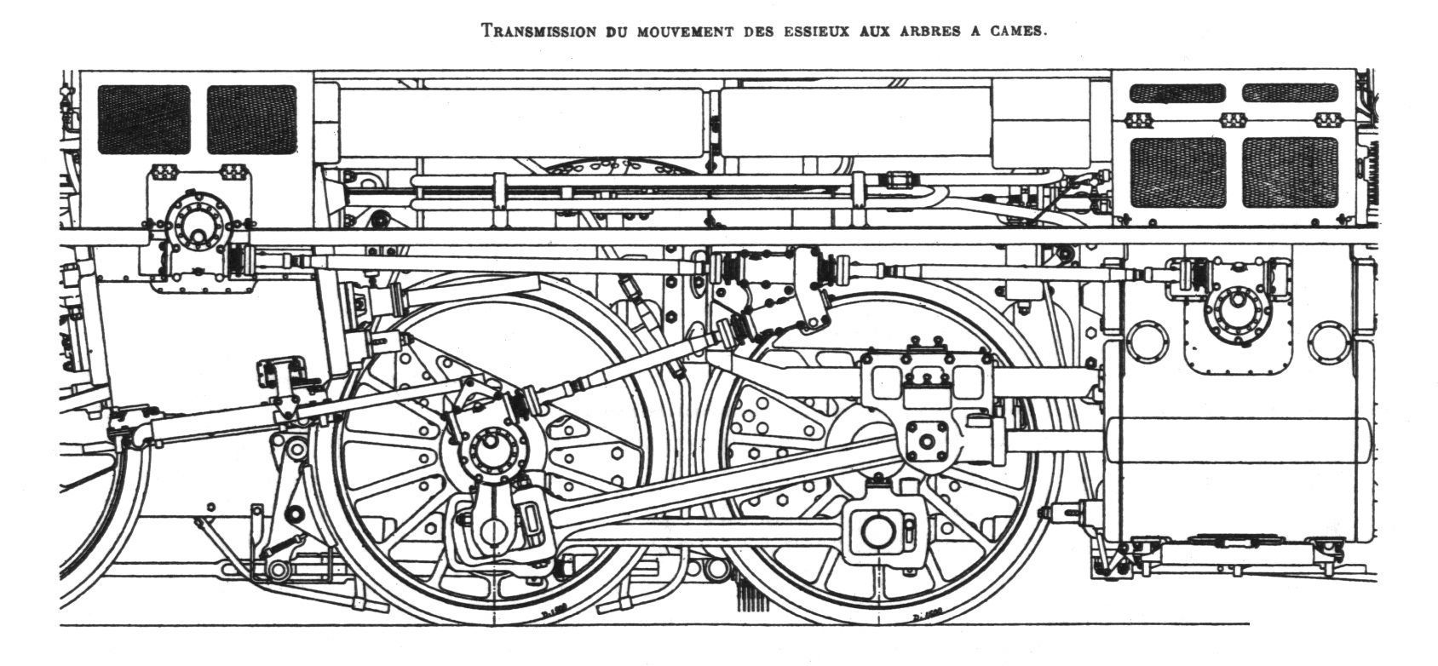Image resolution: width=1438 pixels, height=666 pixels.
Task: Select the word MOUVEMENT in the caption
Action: [x=681, y=32]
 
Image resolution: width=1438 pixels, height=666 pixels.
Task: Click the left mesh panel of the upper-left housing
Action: [x=144, y=119]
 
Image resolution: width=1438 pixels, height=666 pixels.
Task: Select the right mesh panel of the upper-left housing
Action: [x=252, y=119]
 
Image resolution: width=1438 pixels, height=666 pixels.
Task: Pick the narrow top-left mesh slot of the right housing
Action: [x=1177, y=93]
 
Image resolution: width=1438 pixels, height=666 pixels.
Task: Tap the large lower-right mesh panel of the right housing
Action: [x=1289, y=172]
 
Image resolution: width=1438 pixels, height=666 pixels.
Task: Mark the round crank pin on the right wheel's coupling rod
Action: [x=877, y=531]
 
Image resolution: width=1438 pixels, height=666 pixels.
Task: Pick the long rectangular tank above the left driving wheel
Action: [x=521, y=122]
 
